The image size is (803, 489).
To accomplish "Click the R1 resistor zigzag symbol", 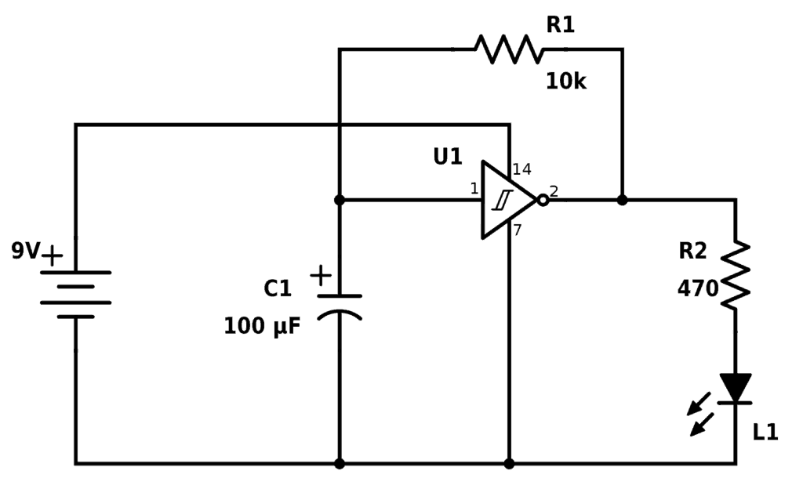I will (x=508, y=49).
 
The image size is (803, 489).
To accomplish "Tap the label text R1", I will (x=560, y=25).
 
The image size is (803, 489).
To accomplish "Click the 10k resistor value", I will (x=565, y=81).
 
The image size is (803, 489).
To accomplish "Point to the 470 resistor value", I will (x=697, y=289).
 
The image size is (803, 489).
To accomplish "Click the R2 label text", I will (x=692, y=252).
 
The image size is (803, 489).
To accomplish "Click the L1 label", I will (x=765, y=433).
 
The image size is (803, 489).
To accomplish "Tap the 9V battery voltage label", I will (x=25, y=252).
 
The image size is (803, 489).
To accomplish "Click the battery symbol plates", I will (x=75, y=295).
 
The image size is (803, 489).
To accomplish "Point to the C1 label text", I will (x=277, y=289).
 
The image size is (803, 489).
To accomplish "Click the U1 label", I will (x=447, y=157).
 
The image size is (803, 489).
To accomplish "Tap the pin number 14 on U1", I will (x=521, y=169).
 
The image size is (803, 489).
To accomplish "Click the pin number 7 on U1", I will (x=518, y=230).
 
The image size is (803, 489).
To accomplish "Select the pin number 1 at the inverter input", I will (x=474, y=188).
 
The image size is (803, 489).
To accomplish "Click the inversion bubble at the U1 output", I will (x=542, y=200).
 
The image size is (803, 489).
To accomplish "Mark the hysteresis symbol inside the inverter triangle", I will (x=502, y=201).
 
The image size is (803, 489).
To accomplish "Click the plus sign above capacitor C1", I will (x=320, y=275).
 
